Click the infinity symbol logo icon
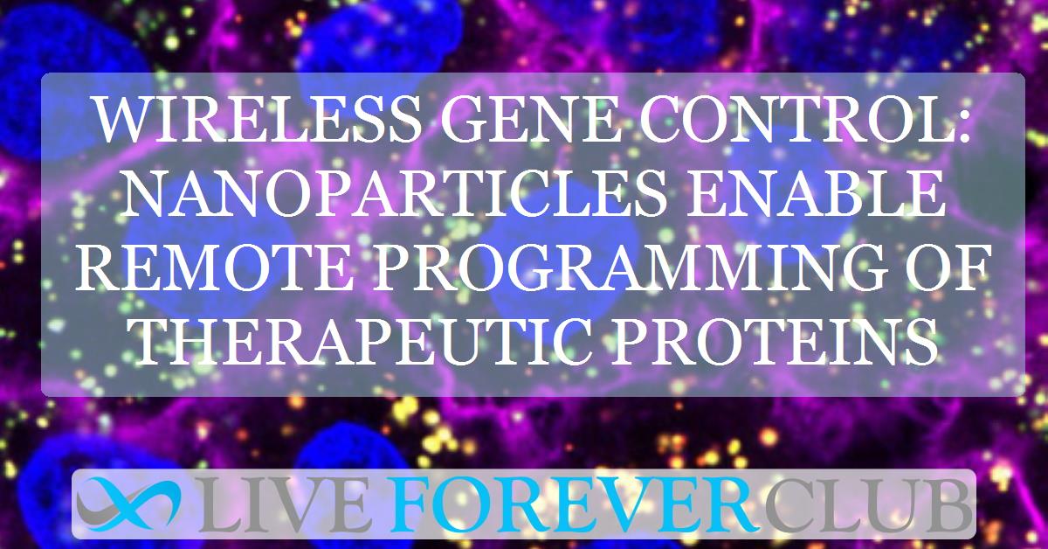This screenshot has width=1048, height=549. [128, 504]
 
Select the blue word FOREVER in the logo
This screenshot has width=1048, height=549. [572, 505]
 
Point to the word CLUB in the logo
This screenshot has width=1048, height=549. [864, 505]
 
